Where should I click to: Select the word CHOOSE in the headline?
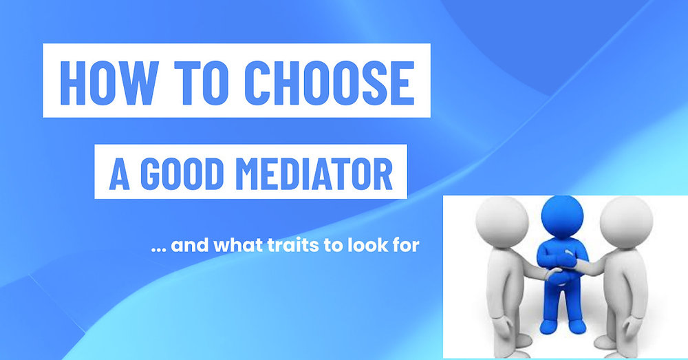[x=330, y=81]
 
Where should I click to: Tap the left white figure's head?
[x=501, y=224]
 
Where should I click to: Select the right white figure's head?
[x=625, y=222]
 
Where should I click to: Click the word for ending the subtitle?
[x=405, y=244]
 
